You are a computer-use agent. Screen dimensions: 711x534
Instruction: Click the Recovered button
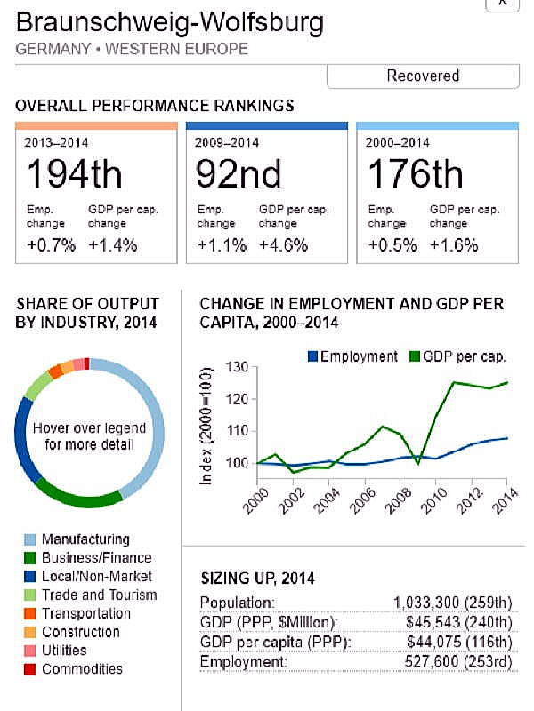tap(423, 76)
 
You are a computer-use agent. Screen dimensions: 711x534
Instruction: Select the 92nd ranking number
tap(239, 174)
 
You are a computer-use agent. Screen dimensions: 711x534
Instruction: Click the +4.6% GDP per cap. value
tap(283, 245)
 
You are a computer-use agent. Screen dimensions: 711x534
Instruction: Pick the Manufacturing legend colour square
tap(28, 539)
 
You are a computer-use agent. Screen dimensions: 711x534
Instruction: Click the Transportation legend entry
tap(85, 613)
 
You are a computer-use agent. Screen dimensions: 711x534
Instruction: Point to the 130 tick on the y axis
tap(237, 367)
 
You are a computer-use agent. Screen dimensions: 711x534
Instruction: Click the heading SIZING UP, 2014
tap(259, 578)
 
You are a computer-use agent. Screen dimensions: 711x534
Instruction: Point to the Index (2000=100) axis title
tap(206, 427)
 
